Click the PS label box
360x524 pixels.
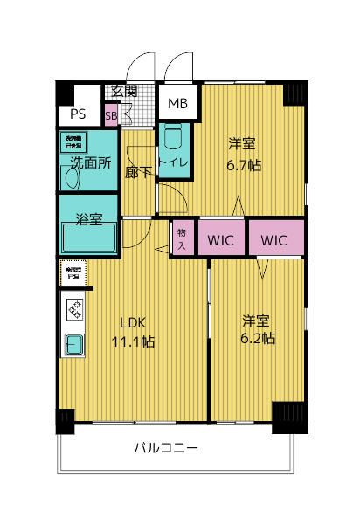pyautogui.click(x=78, y=114)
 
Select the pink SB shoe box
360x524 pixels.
pyautogui.click(x=111, y=114)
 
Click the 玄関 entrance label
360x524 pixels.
pyautogui.click(x=122, y=91)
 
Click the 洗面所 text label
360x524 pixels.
pyautogui.click(x=89, y=163)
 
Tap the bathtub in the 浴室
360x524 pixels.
pyautogui.click(x=88, y=238)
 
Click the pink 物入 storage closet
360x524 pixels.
pyautogui.click(x=182, y=238)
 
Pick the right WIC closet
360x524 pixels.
pyautogui.click(x=274, y=239)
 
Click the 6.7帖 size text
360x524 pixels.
pyautogui.click(x=245, y=163)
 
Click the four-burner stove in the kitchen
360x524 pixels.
pyautogui.click(x=73, y=310)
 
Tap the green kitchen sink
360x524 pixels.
pyautogui.click(x=73, y=345)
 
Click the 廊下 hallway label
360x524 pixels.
pyautogui.click(x=135, y=172)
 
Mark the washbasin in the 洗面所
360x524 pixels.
pyautogui.click(x=72, y=178)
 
